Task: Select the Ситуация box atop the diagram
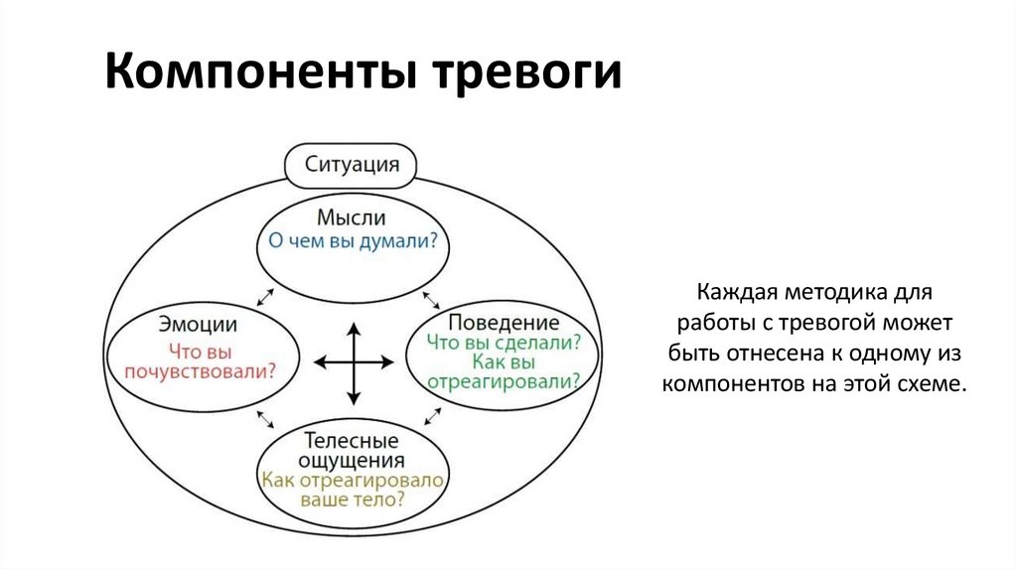click(351, 164)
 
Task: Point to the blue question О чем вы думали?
click(351, 241)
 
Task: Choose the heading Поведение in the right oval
click(504, 323)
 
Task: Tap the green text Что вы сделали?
click(504, 343)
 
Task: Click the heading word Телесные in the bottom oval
click(351, 440)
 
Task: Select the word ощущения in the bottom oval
click(351, 460)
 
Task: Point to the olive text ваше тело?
click(351, 499)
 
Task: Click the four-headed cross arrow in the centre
click(351, 362)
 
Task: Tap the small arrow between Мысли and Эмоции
click(265, 296)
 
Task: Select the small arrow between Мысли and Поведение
click(432, 298)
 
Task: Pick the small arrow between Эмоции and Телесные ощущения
click(265, 418)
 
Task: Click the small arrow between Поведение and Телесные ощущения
click(432, 415)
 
